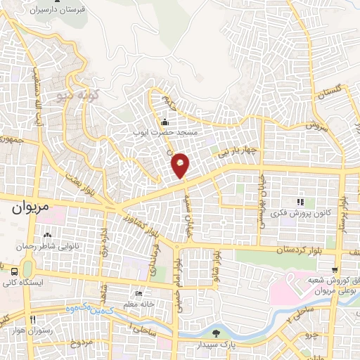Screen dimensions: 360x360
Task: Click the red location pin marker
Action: tap(181, 165)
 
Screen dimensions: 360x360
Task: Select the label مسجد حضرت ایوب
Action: tap(168, 131)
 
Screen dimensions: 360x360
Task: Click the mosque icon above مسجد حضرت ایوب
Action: tap(165, 121)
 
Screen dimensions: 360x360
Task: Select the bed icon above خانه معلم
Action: tap(139, 293)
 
